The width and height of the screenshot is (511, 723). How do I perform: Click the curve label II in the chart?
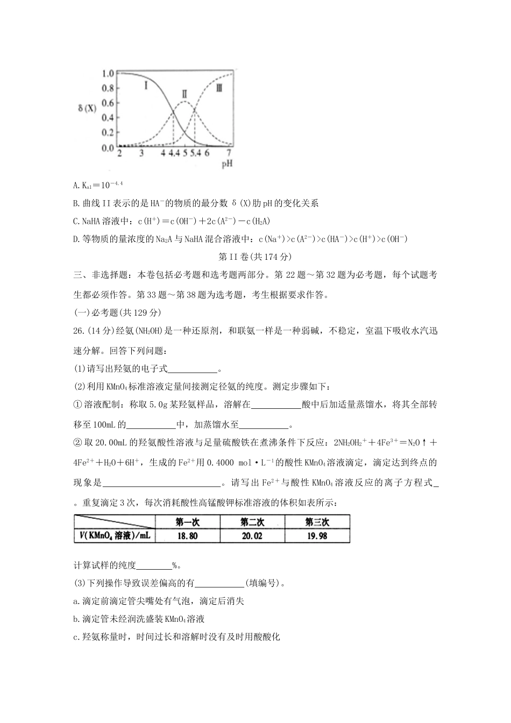coord(184,94)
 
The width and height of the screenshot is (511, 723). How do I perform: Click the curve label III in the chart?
coord(219,88)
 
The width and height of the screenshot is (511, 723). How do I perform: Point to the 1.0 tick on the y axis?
coord(108,73)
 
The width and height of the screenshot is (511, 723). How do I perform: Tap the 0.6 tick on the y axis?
coord(108,103)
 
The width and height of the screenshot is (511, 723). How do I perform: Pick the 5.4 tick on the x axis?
coord(195,154)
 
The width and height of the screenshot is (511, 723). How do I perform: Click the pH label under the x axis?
coord(227,164)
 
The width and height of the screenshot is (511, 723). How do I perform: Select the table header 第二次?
coord(252,522)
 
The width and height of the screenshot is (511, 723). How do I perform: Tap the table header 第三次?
coord(317,522)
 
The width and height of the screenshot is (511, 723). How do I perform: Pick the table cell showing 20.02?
coord(252,536)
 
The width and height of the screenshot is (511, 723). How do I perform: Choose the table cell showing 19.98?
coord(317,536)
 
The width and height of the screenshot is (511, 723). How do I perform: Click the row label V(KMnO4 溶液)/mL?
coord(115,536)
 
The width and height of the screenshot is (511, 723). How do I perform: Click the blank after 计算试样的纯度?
coord(154,565)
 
